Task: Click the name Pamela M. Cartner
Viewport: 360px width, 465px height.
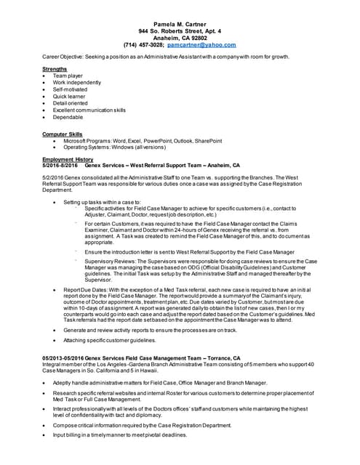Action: [180, 24]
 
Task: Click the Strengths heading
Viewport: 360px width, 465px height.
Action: [55, 69]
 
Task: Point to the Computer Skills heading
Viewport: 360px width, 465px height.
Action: [63, 134]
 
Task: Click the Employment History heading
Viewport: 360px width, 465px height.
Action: [68, 159]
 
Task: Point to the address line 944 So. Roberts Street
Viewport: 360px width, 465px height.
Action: [180, 31]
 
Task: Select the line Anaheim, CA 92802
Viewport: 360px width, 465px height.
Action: [180, 38]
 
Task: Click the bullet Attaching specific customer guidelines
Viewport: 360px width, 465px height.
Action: [110, 339]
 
